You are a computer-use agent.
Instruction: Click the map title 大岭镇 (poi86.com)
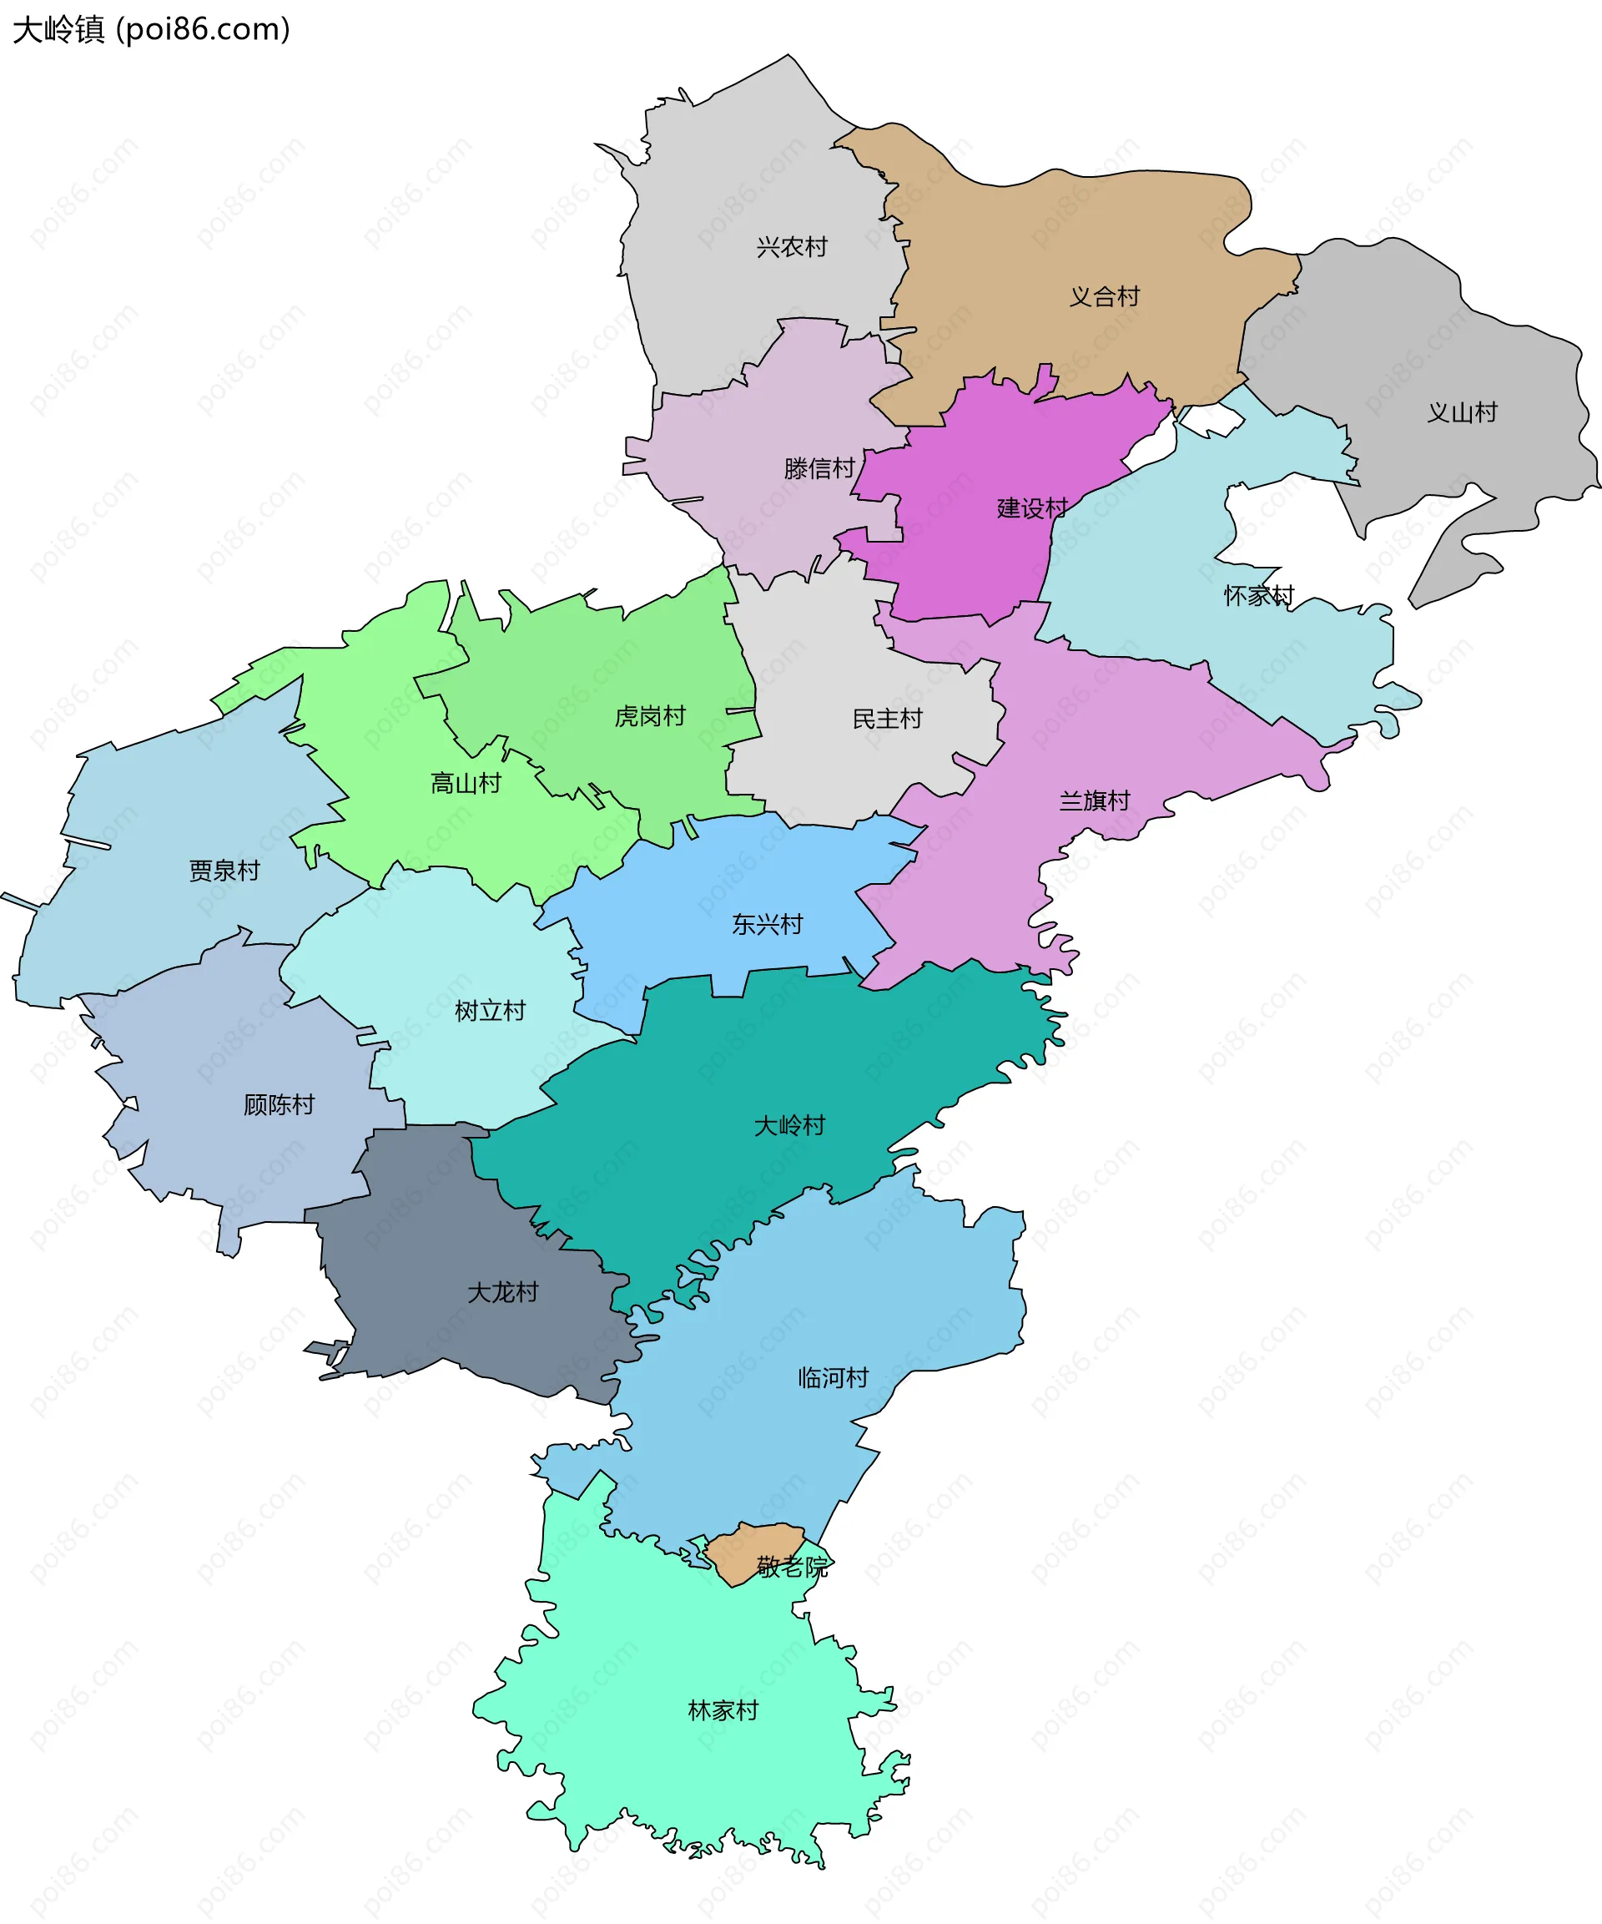tap(151, 30)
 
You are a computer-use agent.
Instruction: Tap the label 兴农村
tap(791, 247)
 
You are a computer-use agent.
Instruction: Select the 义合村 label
tap(1104, 297)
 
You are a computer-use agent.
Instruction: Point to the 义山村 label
tap(1461, 413)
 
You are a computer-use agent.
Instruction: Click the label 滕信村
tap(818, 469)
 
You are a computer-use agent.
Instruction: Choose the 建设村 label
tap(1031, 508)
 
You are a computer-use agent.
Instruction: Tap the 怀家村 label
tap(1257, 597)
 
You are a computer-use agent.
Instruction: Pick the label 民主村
tap(886, 720)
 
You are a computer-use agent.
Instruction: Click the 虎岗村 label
tap(649, 716)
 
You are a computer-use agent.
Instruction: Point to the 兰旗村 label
tap(1094, 801)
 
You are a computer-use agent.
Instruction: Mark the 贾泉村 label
tap(224, 871)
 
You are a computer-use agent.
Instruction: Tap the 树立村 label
tap(490, 1012)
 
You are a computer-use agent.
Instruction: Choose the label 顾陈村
tap(279, 1106)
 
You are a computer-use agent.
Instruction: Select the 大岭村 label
tap(788, 1126)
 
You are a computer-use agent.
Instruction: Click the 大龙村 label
tap(502, 1293)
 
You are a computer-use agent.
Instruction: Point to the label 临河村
tap(832, 1379)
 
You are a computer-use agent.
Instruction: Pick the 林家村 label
tap(723, 1711)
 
